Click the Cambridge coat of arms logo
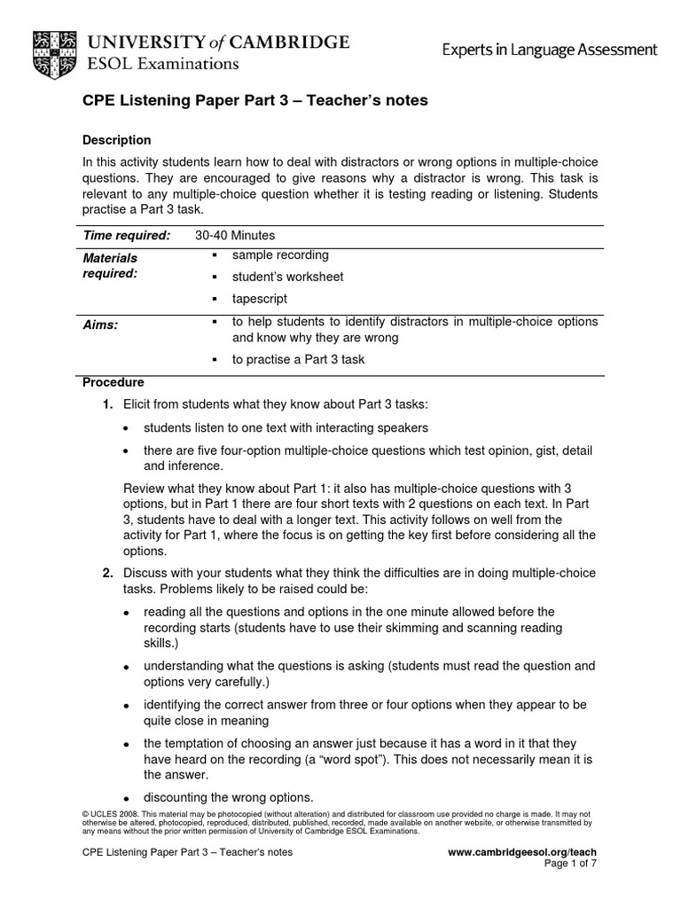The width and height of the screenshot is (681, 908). click(x=52, y=51)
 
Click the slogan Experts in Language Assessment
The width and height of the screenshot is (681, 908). click(x=550, y=51)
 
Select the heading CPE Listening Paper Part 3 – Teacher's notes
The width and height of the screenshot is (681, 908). click(x=242, y=101)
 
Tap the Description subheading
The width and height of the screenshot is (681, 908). click(x=116, y=140)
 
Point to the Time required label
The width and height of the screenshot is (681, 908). click(x=126, y=235)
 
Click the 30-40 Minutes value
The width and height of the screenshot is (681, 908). click(x=235, y=235)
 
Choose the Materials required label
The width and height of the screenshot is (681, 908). click(x=111, y=265)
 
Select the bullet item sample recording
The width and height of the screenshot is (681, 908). click(x=280, y=255)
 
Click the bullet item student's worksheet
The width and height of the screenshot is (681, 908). click(x=287, y=277)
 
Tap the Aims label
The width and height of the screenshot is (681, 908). click(x=99, y=325)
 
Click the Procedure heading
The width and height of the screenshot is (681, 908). click(x=113, y=382)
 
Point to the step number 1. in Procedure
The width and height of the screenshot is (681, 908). click(x=107, y=404)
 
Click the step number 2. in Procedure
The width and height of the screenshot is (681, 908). click(x=107, y=573)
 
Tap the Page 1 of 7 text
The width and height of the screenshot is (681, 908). click(x=570, y=865)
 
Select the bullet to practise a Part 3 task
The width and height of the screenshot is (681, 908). click(x=298, y=360)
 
